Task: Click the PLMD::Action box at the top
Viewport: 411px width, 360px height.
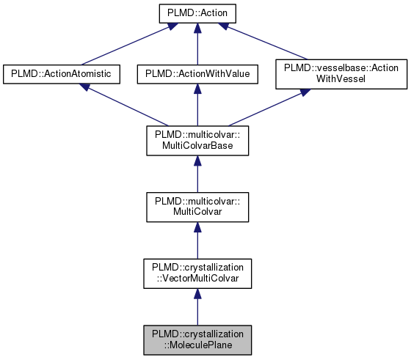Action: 197,12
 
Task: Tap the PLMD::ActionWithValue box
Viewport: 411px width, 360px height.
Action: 197,73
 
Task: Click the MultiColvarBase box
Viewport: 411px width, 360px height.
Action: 197,140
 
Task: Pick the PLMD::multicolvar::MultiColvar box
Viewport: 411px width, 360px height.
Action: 197,206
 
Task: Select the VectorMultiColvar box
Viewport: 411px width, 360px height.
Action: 197,272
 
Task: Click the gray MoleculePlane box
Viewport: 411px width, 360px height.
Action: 197,338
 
